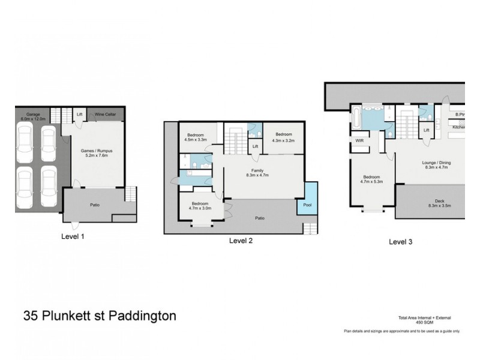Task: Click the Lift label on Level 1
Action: click(79, 114)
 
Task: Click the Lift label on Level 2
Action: click(255, 146)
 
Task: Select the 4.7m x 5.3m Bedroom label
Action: click(373, 179)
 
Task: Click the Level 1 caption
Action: click(73, 236)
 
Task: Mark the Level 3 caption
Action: click(401, 242)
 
